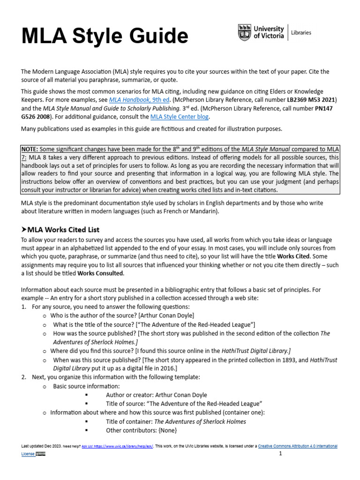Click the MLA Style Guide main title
[105, 37]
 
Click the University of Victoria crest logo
[245, 33]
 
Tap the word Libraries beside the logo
[301, 33]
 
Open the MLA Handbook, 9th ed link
[133, 100]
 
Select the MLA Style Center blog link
[180, 117]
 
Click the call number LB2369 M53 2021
[307, 100]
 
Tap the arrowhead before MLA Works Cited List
[24, 230]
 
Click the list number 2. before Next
[24, 377]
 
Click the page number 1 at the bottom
[280, 454]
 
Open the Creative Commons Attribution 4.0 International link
[298, 446]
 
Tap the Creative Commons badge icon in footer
[41, 454]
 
